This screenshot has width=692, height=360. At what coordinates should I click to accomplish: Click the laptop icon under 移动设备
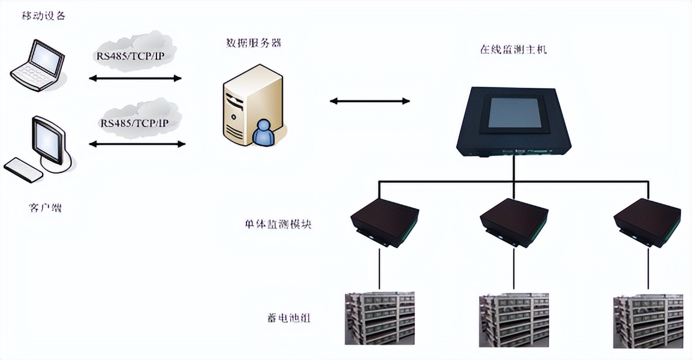[x=37, y=65]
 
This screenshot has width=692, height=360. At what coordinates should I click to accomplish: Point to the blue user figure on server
[x=264, y=133]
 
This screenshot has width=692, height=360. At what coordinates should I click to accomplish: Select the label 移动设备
[x=44, y=16]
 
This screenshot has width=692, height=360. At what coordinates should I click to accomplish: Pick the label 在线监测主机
[x=513, y=50]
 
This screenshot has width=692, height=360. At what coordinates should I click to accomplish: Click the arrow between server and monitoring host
[x=369, y=101]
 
